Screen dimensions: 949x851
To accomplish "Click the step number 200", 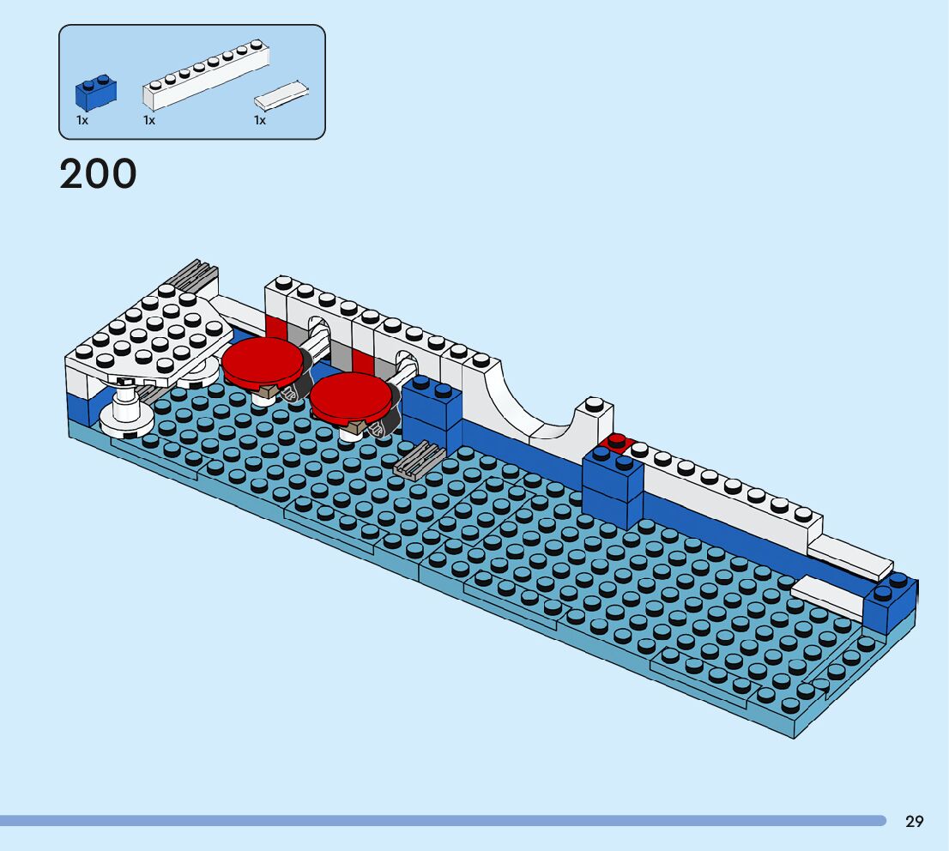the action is [x=98, y=174].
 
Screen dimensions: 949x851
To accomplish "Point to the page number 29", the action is [x=915, y=821].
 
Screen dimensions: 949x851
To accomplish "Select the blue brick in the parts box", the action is [x=95, y=93].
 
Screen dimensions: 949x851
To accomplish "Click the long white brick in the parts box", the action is [x=206, y=75].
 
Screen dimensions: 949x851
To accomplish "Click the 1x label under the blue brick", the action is [x=82, y=121].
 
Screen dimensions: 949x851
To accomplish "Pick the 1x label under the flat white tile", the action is [x=260, y=121].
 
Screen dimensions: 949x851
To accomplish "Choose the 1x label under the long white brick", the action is [x=149, y=121].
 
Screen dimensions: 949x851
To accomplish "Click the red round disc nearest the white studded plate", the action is [x=263, y=361].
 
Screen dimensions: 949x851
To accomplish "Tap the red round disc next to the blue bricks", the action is [x=350, y=398].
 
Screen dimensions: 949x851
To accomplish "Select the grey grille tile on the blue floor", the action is [x=419, y=460].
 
